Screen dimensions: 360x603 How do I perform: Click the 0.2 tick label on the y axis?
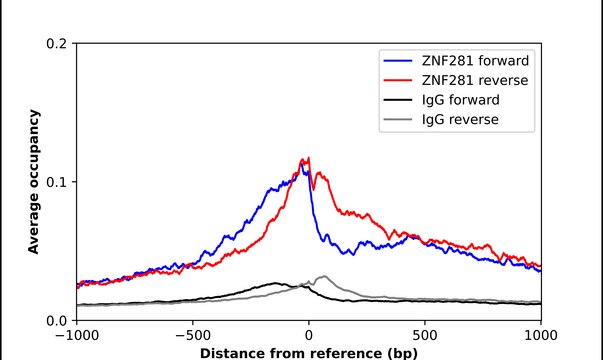click(57, 44)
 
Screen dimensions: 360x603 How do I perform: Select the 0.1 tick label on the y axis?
click(57, 182)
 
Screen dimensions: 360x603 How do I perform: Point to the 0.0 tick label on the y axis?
click(57, 320)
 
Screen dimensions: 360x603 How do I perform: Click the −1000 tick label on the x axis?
click(76, 336)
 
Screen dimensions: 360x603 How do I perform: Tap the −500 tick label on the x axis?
click(192, 336)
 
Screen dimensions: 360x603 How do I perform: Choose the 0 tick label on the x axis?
click(309, 336)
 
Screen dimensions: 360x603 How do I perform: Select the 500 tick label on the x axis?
click(425, 336)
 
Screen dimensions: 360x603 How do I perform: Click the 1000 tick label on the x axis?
click(541, 336)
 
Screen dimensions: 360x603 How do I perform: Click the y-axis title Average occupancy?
click(33, 182)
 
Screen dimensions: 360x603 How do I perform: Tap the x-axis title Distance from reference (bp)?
click(308, 352)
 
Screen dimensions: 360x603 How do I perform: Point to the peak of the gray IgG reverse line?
click(323, 276)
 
